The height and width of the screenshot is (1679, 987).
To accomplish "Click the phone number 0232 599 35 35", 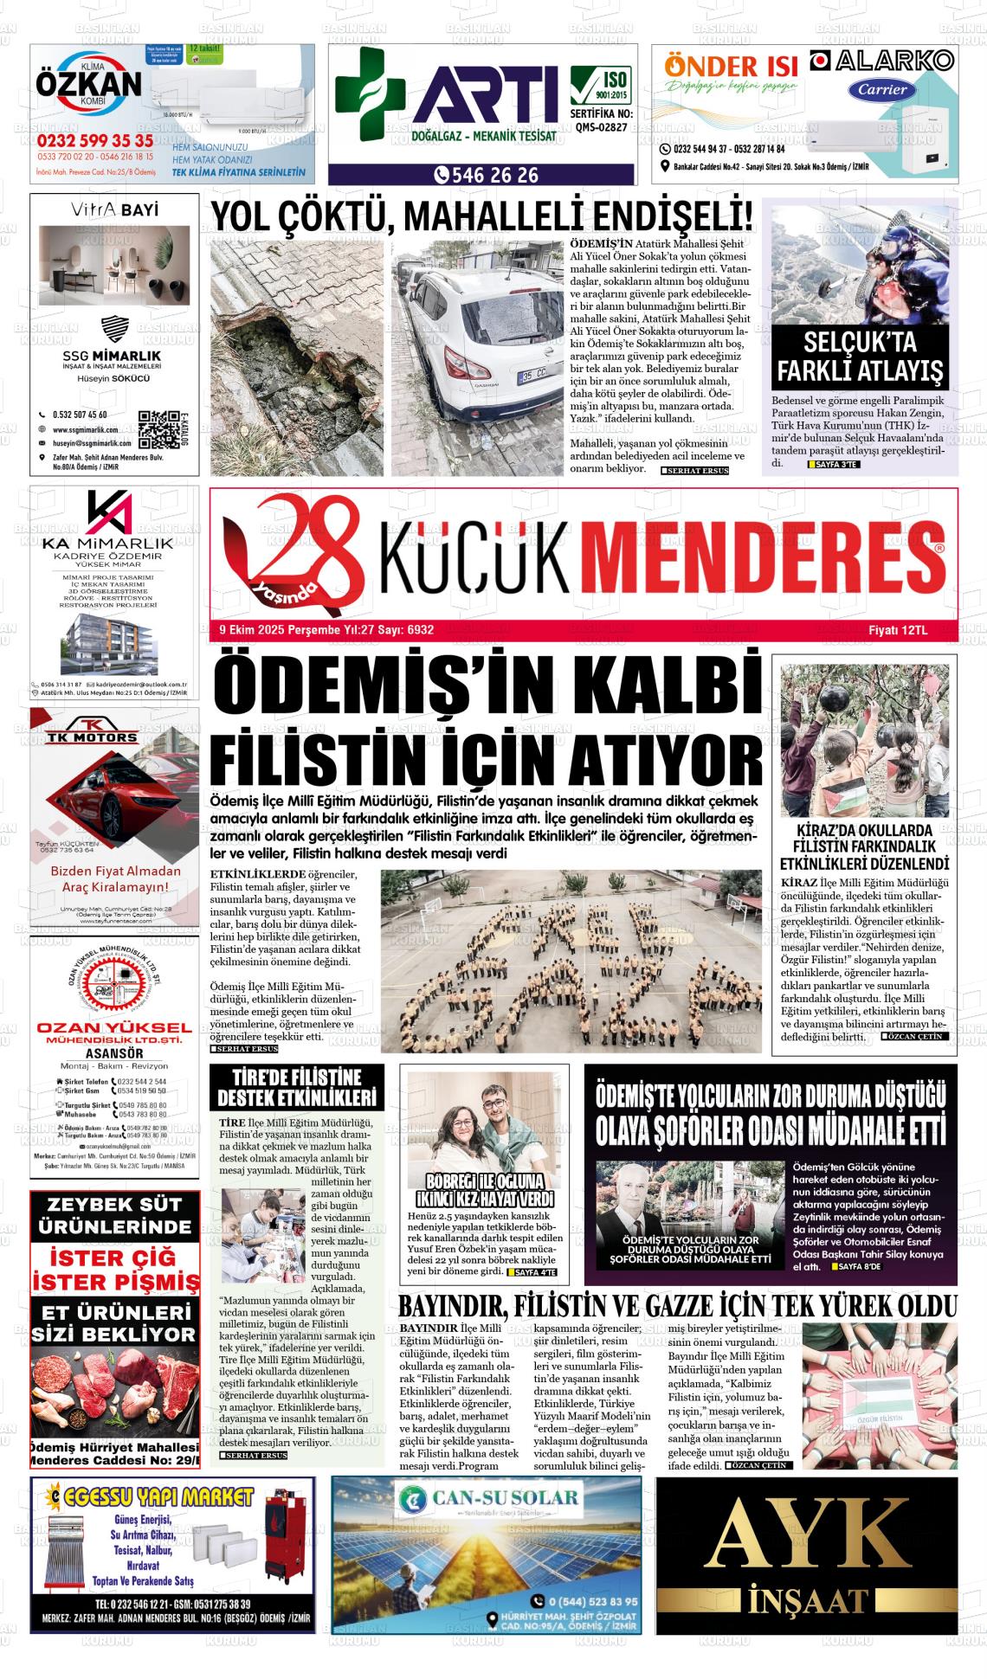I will coord(95,141).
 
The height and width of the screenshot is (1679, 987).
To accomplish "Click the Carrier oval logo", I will coord(883,89).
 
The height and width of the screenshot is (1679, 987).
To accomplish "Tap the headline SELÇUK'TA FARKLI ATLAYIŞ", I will coord(861,357).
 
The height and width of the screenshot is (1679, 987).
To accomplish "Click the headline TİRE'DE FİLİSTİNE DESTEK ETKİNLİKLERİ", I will coord(298,1088).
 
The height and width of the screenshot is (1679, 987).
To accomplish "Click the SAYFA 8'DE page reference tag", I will coord(855,1267).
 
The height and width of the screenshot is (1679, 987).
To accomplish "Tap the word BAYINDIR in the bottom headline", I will coord(451,1306).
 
